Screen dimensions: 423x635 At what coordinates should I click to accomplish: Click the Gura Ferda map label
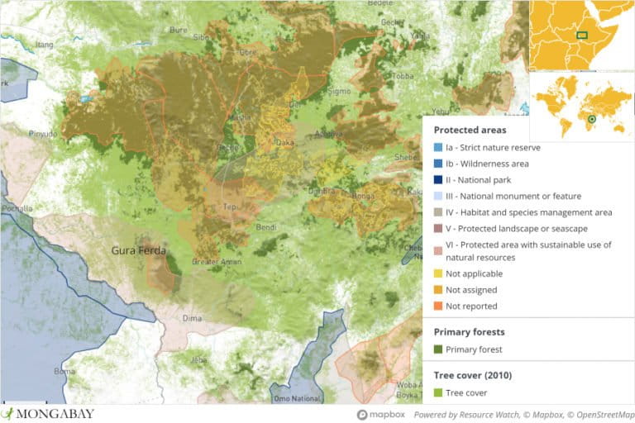coord(139,250)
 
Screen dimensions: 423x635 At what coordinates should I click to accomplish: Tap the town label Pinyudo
coord(43,133)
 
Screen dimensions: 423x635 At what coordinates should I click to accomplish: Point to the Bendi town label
coord(267,226)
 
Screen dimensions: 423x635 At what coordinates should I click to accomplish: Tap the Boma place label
coord(64,371)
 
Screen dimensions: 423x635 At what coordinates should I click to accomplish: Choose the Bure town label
coord(178,30)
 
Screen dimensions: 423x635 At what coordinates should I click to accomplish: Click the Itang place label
coord(44,43)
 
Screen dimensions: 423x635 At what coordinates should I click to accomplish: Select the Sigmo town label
coord(339,90)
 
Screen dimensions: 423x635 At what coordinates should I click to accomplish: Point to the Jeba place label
coord(198,360)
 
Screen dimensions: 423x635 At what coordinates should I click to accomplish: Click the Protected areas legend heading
coord(470,130)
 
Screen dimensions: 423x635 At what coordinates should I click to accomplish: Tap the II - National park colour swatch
coord(437,179)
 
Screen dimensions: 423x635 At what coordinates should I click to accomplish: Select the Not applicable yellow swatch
coord(437,273)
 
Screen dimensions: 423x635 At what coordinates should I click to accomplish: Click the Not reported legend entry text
coord(471,306)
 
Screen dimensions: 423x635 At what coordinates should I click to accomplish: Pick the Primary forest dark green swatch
coord(437,349)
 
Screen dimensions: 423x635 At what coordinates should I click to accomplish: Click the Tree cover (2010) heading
coord(472,375)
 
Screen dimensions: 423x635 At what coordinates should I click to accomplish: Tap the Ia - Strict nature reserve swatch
coord(437,147)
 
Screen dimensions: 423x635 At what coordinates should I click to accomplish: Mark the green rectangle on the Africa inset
coord(582,35)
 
